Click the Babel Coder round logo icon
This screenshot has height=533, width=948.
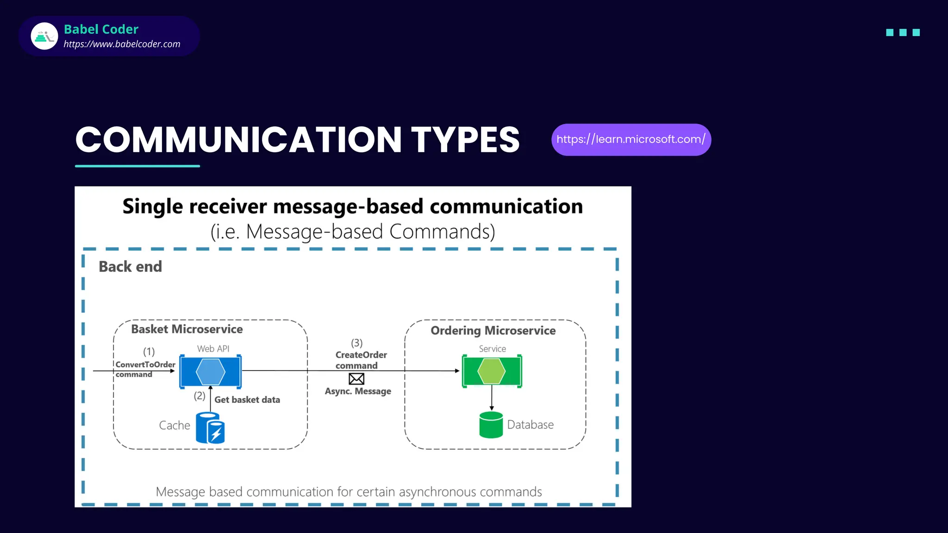[44, 36]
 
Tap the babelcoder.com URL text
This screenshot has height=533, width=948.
[122, 44]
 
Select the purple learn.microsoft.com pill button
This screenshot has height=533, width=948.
[631, 140]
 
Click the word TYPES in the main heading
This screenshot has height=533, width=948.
[465, 140]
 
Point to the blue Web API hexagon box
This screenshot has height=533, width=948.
[211, 371]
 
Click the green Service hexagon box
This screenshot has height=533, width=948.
[492, 371]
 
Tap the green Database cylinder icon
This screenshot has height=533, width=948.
[491, 425]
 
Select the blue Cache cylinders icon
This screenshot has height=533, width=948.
[210, 428]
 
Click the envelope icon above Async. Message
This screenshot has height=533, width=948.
[356, 379]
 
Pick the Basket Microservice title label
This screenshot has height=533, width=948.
[187, 329]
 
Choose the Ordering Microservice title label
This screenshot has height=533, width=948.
[493, 330]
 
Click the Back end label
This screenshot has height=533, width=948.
[131, 266]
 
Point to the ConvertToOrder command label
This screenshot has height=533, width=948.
[145, 369]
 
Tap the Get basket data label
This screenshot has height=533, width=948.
[247, 400]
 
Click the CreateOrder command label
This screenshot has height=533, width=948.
[361, 360]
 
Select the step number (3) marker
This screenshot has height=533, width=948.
[356, 343]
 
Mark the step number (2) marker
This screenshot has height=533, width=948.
[200, 396]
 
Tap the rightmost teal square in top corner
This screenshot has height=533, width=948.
[916, 32]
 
